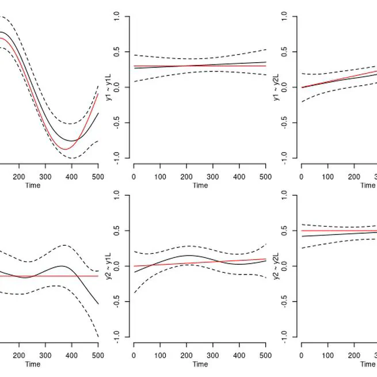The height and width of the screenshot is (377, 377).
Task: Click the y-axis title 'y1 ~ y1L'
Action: tap(109, 87)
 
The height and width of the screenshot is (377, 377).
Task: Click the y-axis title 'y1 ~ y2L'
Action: tap(276, 87)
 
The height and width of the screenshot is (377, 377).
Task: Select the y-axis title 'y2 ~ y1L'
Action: tap(109, 266)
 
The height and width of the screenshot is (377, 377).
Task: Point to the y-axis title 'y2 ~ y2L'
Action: tap(276, 266)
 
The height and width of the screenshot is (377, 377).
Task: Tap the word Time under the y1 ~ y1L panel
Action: tap(200, 185)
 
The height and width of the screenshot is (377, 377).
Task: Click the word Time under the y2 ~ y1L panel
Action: tap(200, 364)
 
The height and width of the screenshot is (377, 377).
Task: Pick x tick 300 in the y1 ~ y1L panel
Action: tap(213, 176)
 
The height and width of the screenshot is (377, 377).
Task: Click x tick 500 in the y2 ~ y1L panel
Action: tap(265, 355)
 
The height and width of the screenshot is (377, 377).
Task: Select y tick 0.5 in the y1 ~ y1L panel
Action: tap(117, 52)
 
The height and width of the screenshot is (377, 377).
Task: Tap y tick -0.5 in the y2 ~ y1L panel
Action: tap(117, 302)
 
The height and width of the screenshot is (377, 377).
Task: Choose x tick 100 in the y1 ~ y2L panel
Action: tap(328, 176)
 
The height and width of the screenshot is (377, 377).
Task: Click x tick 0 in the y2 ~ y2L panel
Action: tap(301, 355)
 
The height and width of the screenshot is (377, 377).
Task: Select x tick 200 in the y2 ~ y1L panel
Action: tap(186, 355)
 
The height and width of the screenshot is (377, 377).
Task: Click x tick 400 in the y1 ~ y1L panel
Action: tap(239, 176)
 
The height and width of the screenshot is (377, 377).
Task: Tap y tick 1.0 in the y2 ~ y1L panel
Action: tap(117, 196)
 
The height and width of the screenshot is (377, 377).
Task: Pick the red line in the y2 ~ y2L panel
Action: tap(334, 231)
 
